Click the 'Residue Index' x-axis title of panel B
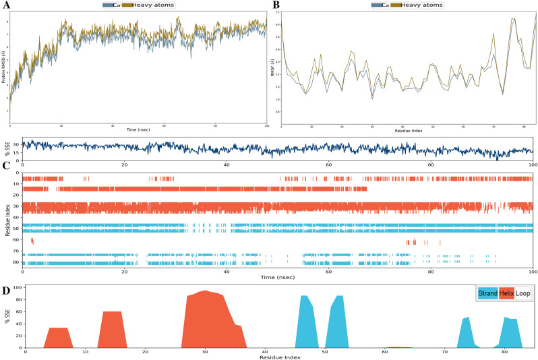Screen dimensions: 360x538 click(x=409, y=131)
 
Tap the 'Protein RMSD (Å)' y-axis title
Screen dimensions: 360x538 click(x=5, y=66)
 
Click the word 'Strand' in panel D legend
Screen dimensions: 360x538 click(x=487, y=294)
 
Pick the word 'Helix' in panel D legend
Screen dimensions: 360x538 click(x=507, y=294)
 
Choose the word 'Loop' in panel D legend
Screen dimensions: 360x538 click(x=522, y=294)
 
